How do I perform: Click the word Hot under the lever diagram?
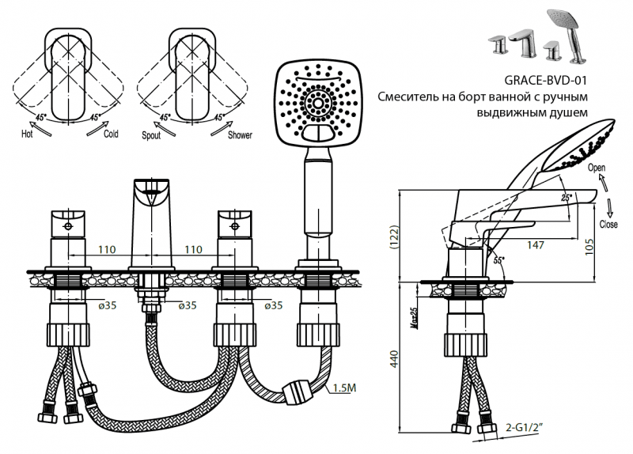pos(28,134)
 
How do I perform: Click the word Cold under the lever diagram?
pos(111,134)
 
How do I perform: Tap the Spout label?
pos(151,135)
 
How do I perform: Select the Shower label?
pos(240,135)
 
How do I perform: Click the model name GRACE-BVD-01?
pos(546,80)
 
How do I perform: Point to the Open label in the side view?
pos(597,168)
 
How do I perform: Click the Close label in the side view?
pos(609,224)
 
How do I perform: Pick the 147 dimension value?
pos(536,246)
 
